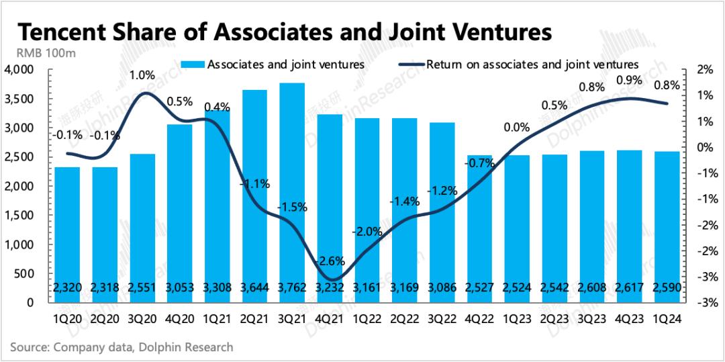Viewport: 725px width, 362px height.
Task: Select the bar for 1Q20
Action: tap(67, 234)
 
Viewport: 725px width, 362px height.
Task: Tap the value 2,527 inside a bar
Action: tap(480, 288)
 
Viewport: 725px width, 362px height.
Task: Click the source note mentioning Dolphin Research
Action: tap(122, 347)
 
